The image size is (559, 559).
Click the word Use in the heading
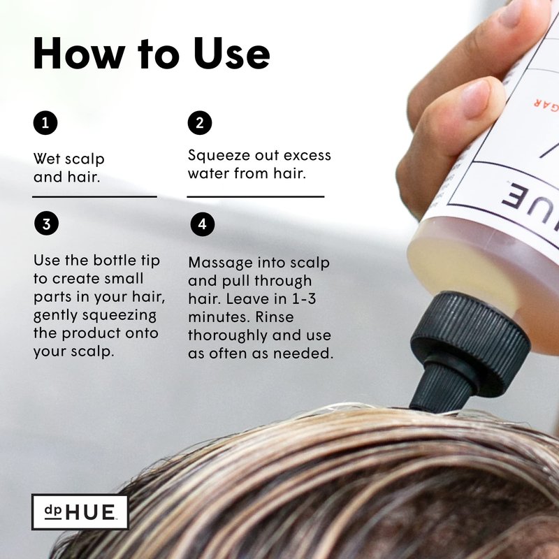tap(231, 53)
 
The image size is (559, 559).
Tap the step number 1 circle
tap(45, 123)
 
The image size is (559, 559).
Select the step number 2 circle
tap(200, 123)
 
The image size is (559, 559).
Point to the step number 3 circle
tap(46, 224)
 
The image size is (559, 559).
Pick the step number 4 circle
tap(202, 224)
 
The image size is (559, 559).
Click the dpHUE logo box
tap(80, 512)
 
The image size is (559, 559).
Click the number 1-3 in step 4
tap(304, 299)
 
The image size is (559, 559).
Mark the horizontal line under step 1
tap(94, 196)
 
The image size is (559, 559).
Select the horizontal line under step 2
tap(256, 196)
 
